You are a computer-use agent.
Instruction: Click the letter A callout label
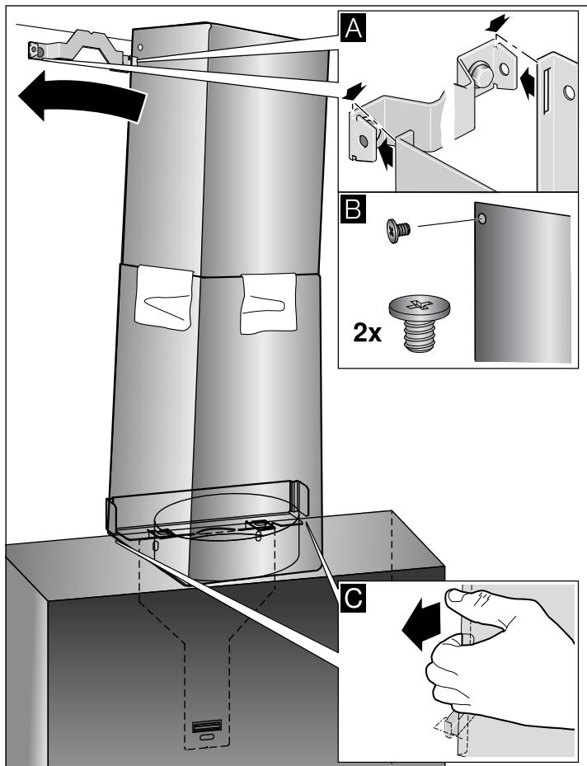tap(352, 27)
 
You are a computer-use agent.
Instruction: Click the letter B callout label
tap(352, 209)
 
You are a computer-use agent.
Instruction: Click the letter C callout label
tap(352, 596)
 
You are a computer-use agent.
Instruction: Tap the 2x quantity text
tap(367, 334)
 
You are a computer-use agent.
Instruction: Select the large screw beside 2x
tap(419, 323)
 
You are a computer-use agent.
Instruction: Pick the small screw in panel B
tap(398, 230)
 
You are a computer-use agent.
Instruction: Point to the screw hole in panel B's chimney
tap(482, 219)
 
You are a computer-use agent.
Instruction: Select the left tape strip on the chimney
tap(163, 297)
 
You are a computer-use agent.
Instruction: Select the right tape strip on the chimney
tap(269, 303)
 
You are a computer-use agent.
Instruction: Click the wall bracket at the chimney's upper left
tap(78, 48)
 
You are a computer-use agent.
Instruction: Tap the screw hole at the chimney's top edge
tap(139, 47)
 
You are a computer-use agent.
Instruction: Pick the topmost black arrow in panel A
tap(498, 22)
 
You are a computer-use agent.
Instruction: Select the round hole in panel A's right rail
tap(569, 92)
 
